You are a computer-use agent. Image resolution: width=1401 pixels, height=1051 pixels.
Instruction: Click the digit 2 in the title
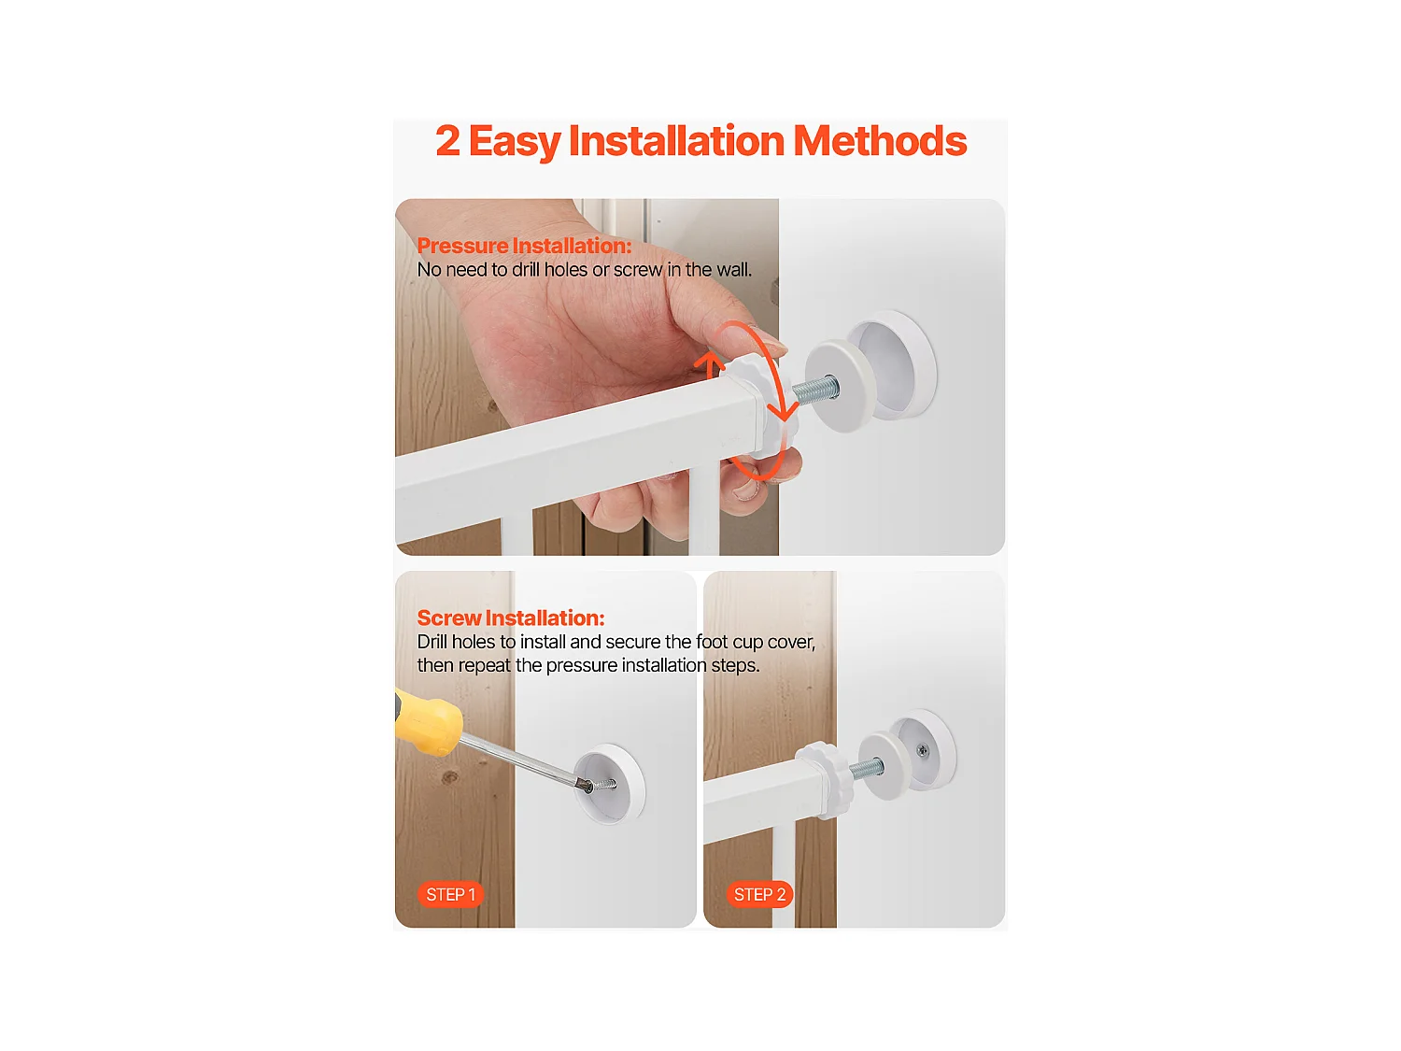tap(447, 141)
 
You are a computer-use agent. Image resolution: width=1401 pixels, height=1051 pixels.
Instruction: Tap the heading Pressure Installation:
tap(524, 246)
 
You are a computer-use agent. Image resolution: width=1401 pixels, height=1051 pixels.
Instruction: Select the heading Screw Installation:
tap(511, 618)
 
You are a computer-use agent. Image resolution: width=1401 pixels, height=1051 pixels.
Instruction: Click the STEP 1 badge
tap(450, 894)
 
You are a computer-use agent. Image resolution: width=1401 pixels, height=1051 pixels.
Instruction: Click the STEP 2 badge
tap(759, 894)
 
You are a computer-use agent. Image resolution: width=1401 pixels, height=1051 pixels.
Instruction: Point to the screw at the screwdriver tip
tap(601, 785)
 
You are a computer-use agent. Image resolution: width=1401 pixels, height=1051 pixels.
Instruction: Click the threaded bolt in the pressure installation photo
tap(815, 389)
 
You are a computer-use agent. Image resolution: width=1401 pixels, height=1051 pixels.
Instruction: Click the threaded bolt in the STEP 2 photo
tap(866, 768)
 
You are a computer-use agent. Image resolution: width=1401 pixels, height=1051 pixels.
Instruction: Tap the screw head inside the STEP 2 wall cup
tap(922, 751)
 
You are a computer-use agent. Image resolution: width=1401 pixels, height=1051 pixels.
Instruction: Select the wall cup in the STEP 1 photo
tap(609, 784)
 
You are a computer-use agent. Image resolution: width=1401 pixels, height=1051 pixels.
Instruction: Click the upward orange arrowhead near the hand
tap(709, 364)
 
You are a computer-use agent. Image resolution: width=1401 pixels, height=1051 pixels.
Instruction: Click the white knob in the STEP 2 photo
tap(826, 779)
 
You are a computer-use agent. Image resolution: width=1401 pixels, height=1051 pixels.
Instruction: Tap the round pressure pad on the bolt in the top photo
tap(840, 386)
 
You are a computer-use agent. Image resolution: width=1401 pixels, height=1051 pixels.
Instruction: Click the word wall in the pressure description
tap(733, 270)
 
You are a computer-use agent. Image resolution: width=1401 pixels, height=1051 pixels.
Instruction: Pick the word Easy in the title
tap(515, 142)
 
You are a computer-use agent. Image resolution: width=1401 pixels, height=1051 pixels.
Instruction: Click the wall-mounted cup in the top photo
tap(893, 365)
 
